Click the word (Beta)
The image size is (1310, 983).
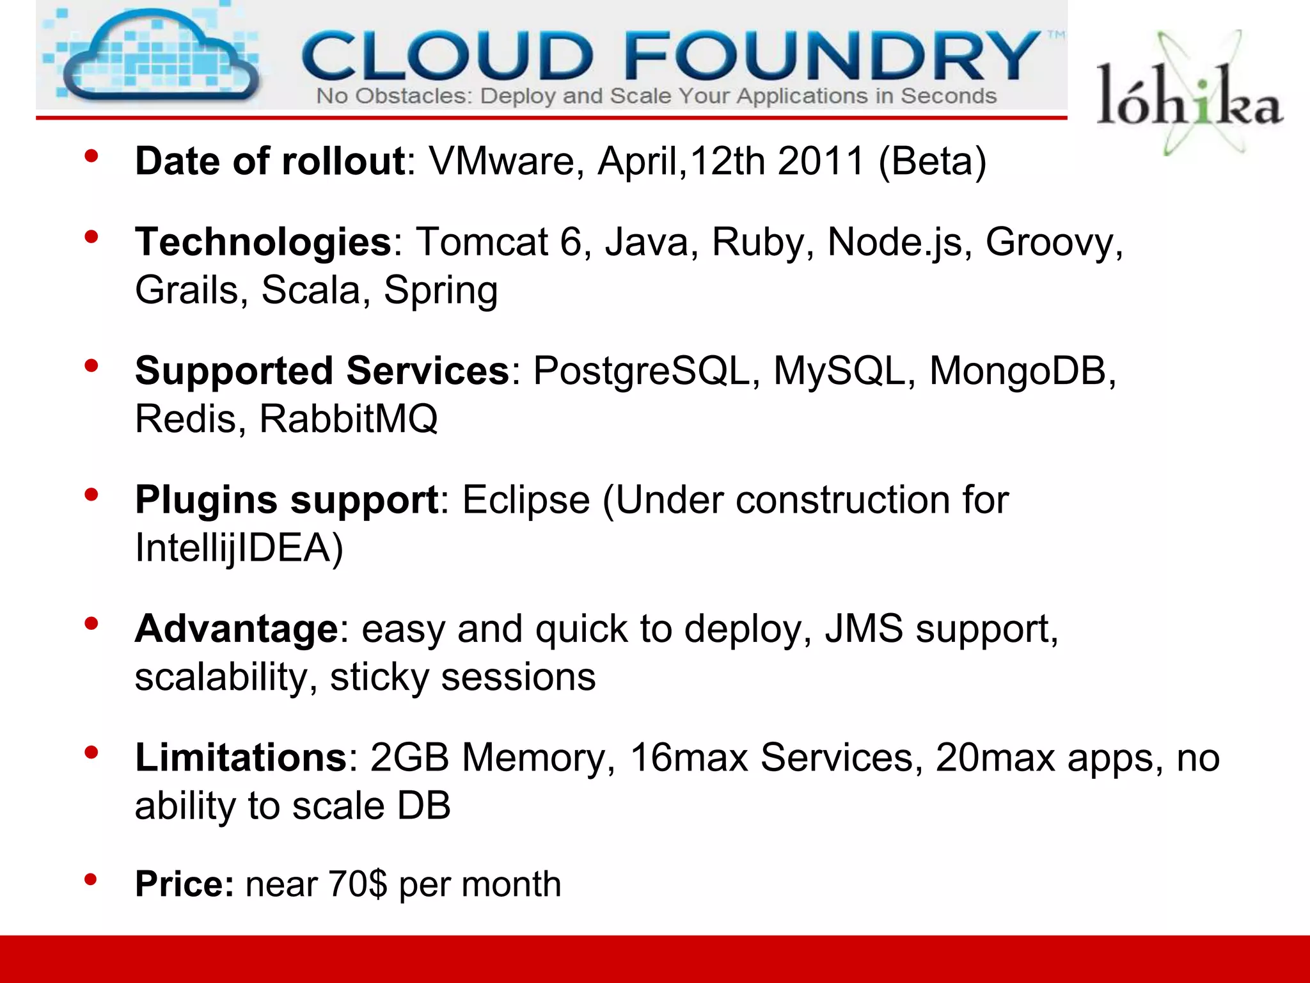(933, 161)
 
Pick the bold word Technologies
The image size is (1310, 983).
(263, 242)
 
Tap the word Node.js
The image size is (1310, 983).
(895, 242)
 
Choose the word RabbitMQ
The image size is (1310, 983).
(349, 419)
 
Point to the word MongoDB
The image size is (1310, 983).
(1022, 371)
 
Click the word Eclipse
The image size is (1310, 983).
(526, 500)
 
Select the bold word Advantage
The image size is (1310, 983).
(236, 628)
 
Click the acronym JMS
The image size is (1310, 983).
(864, 628)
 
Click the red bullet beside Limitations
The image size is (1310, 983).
(91, 751)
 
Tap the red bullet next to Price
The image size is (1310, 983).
(91, 879)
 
